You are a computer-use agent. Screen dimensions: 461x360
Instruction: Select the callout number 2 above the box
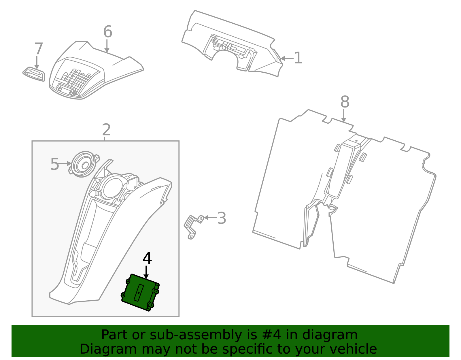(x=106, y=130)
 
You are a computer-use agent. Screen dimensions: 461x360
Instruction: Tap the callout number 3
(x=222, y=218)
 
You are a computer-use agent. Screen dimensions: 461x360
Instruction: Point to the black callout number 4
(x=147, y=258)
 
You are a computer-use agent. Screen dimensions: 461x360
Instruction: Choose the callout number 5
(x=54, y=164)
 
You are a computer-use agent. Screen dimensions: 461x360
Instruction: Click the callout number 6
(x=107, y=32)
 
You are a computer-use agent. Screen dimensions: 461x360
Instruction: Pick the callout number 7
(x=39, y=49)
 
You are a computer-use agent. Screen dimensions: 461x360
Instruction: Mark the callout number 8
(x=345, y=102)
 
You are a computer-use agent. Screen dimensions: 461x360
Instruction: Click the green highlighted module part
(x=140, y=293)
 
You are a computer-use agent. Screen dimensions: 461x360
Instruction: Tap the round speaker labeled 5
(x=83, y=164)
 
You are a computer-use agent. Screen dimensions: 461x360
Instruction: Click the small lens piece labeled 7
(x=34, y=74)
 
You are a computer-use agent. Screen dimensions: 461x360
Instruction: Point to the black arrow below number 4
(x=146, y=272)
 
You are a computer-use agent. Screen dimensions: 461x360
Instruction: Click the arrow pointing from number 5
(x=65, y=163)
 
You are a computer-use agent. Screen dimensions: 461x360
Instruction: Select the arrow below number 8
(x=344, y=116)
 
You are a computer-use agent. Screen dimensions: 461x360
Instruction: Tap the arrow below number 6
(x=107, y=46)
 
